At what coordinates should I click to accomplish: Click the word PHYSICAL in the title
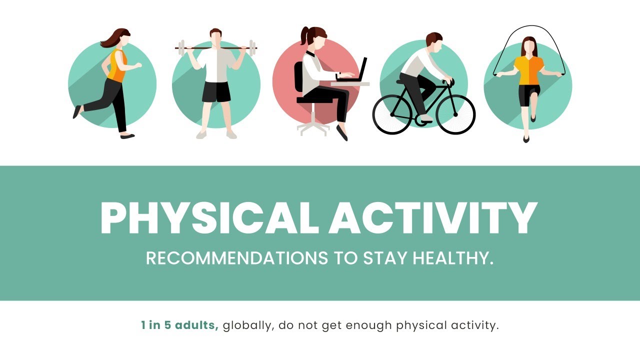pyautogui.click(x=209, y=218)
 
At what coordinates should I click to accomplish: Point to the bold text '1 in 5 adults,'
pyautogui.click(x=180, y=325)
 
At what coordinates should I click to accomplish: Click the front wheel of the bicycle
pyautogui.click(x=455, y=114)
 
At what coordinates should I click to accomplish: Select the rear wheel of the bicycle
pyautogui.click(x=392, y=114)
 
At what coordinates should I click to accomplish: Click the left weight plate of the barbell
pyautogui.click(x=182, y=48)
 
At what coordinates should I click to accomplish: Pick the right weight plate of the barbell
pyautogui.click(x=252, y=48)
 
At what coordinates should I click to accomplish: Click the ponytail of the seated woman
pyautogui.click(x=304, y=36)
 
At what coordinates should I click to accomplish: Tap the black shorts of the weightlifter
pyautogui.click(x=216, y=92)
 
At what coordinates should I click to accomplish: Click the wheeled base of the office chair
pyautogui.click(x=313, y=127)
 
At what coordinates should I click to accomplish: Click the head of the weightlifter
pyautogui.click(x=216, y=37)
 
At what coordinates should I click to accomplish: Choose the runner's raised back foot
pyautogui.click(x=77, y=111)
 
